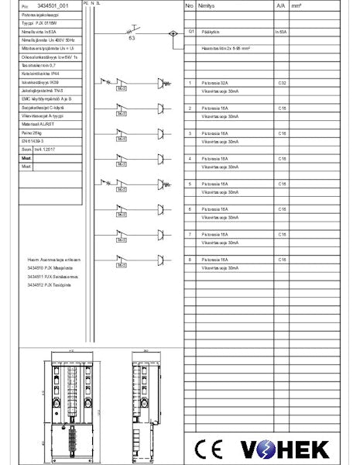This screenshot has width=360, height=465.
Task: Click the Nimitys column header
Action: coord(207,5)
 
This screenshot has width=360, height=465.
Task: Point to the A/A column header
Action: coord(280,5)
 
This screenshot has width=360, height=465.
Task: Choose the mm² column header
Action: coord(296,5)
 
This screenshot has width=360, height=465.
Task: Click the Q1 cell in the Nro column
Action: coord(190,33)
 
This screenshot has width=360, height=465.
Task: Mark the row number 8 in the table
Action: coord(190,259)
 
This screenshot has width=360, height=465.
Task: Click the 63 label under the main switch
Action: coord(132,37)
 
